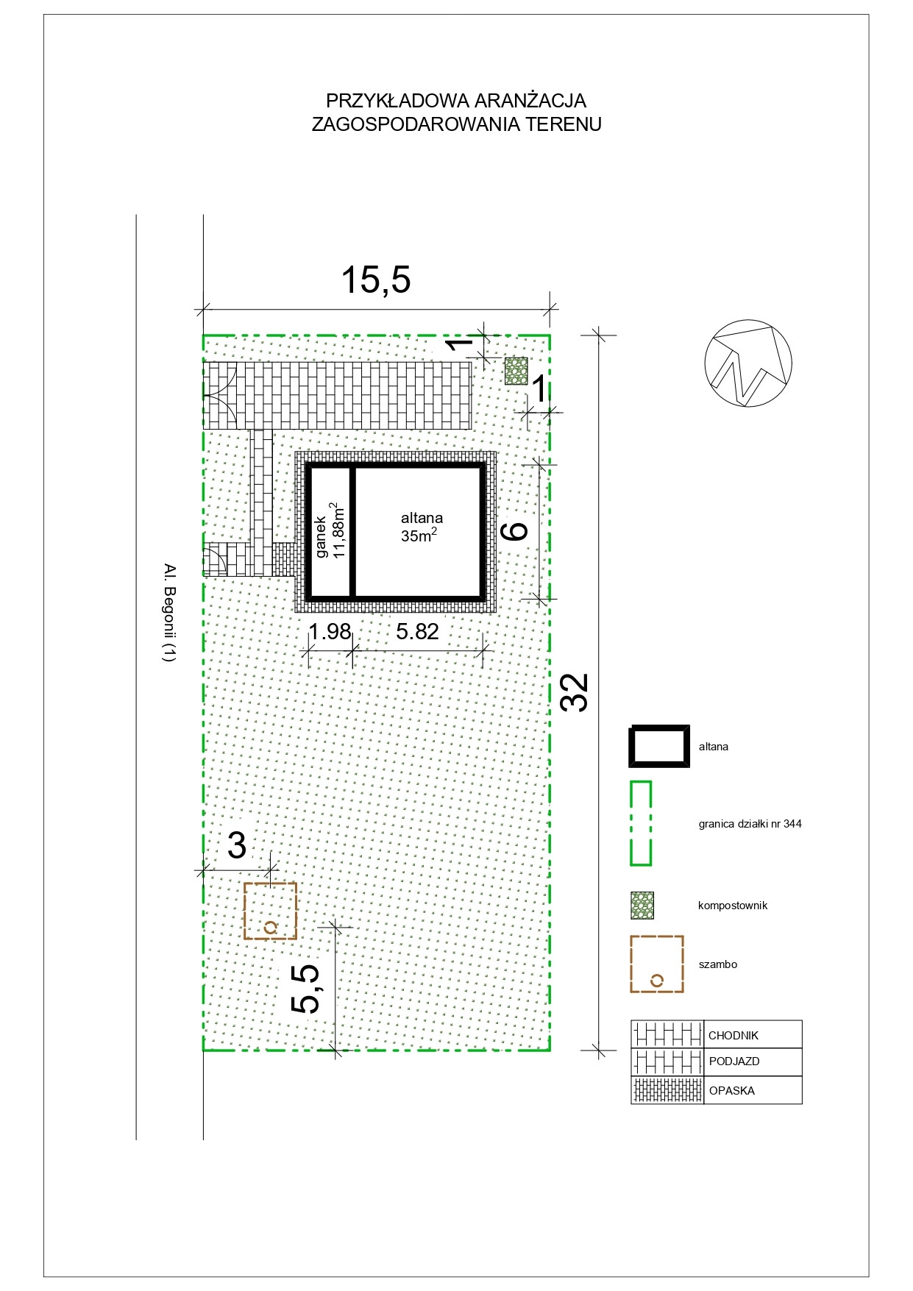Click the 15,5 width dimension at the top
376,280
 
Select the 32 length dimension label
575,692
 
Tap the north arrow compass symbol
748,363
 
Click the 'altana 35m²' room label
421,527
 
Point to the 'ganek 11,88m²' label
331,531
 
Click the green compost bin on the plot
516,371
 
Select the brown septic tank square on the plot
270,911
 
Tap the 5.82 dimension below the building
417,631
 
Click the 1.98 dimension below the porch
329,631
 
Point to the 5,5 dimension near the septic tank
306,989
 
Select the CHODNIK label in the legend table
733,1036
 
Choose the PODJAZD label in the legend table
734,1061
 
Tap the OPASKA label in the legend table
732,1091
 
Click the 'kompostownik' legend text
733,906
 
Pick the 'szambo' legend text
717,964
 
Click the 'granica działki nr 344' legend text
750,824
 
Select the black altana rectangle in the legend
659,746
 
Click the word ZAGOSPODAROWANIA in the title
416,124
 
